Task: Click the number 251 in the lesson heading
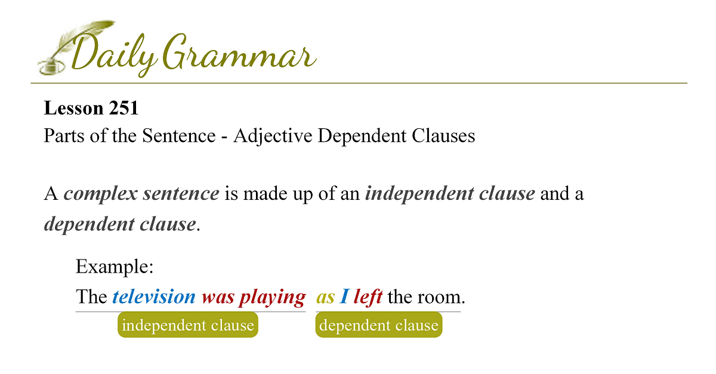124,108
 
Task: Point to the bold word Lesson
73,108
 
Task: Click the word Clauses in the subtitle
443,135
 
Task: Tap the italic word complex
100,194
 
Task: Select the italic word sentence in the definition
181,193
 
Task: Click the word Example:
115,267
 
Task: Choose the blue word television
154,296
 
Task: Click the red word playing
273,298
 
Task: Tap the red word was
218,298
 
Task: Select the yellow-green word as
325,298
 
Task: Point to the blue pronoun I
344,296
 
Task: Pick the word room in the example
439,298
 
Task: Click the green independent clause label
188,324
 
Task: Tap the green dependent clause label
379,324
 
